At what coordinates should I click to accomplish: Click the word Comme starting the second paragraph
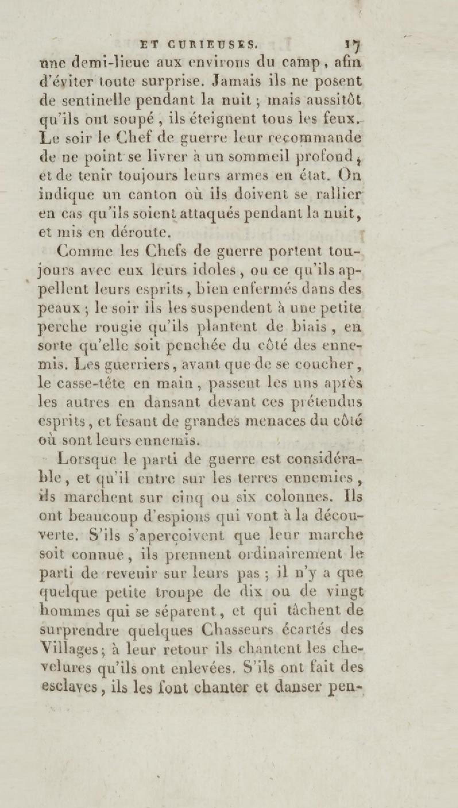pos(82,251)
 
